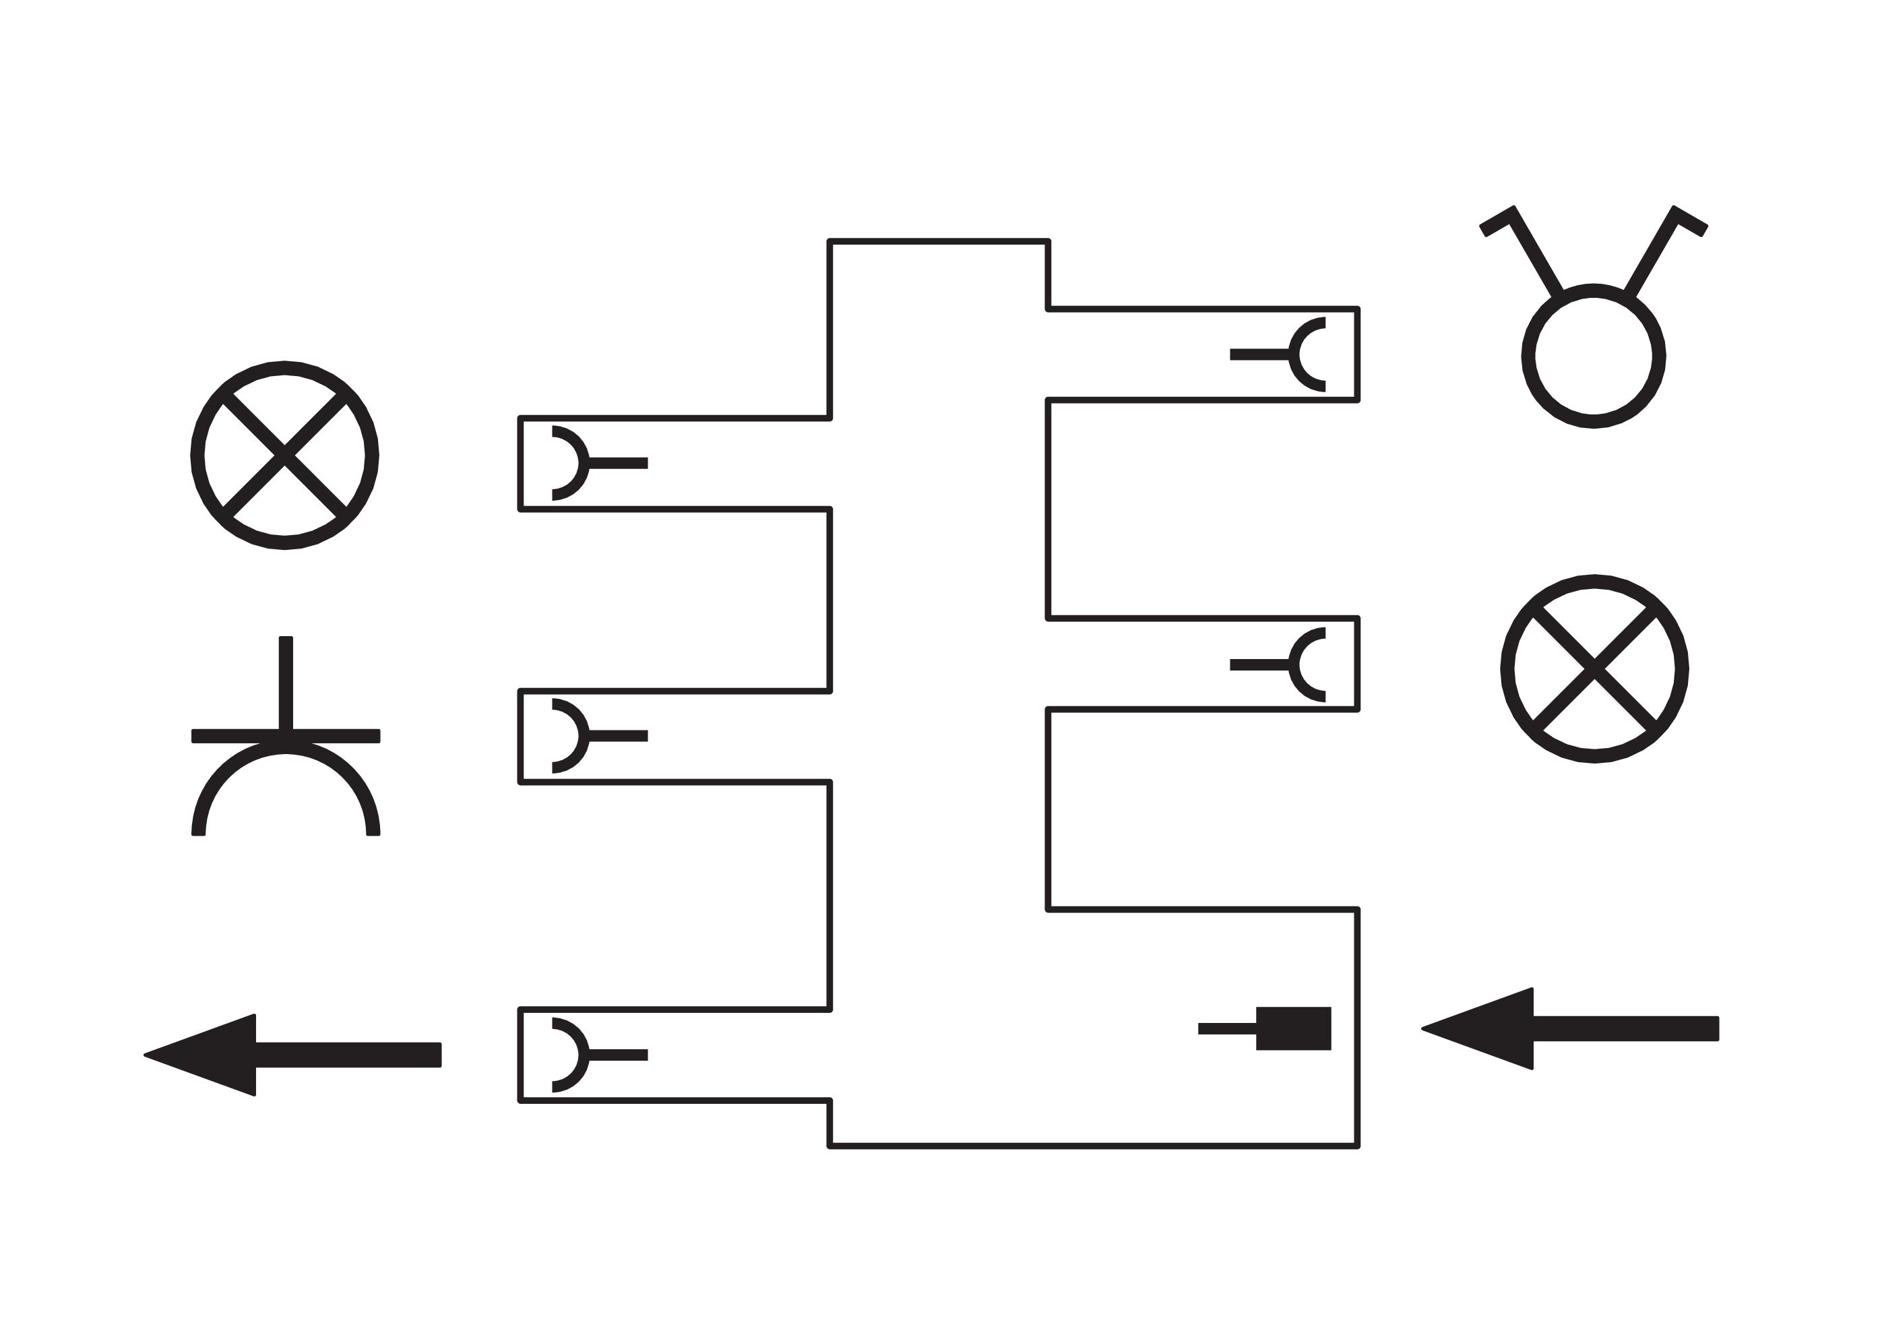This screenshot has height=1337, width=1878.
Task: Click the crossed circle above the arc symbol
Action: point(284,456)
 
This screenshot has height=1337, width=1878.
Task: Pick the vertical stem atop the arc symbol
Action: point(286,683)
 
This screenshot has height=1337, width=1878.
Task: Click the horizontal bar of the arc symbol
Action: point(286,736)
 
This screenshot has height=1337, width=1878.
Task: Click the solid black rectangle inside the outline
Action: point(1292,1028)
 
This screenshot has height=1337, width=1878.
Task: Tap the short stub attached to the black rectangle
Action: point(1227,1028)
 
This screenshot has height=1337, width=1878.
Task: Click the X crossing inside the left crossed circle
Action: point(284,456)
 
